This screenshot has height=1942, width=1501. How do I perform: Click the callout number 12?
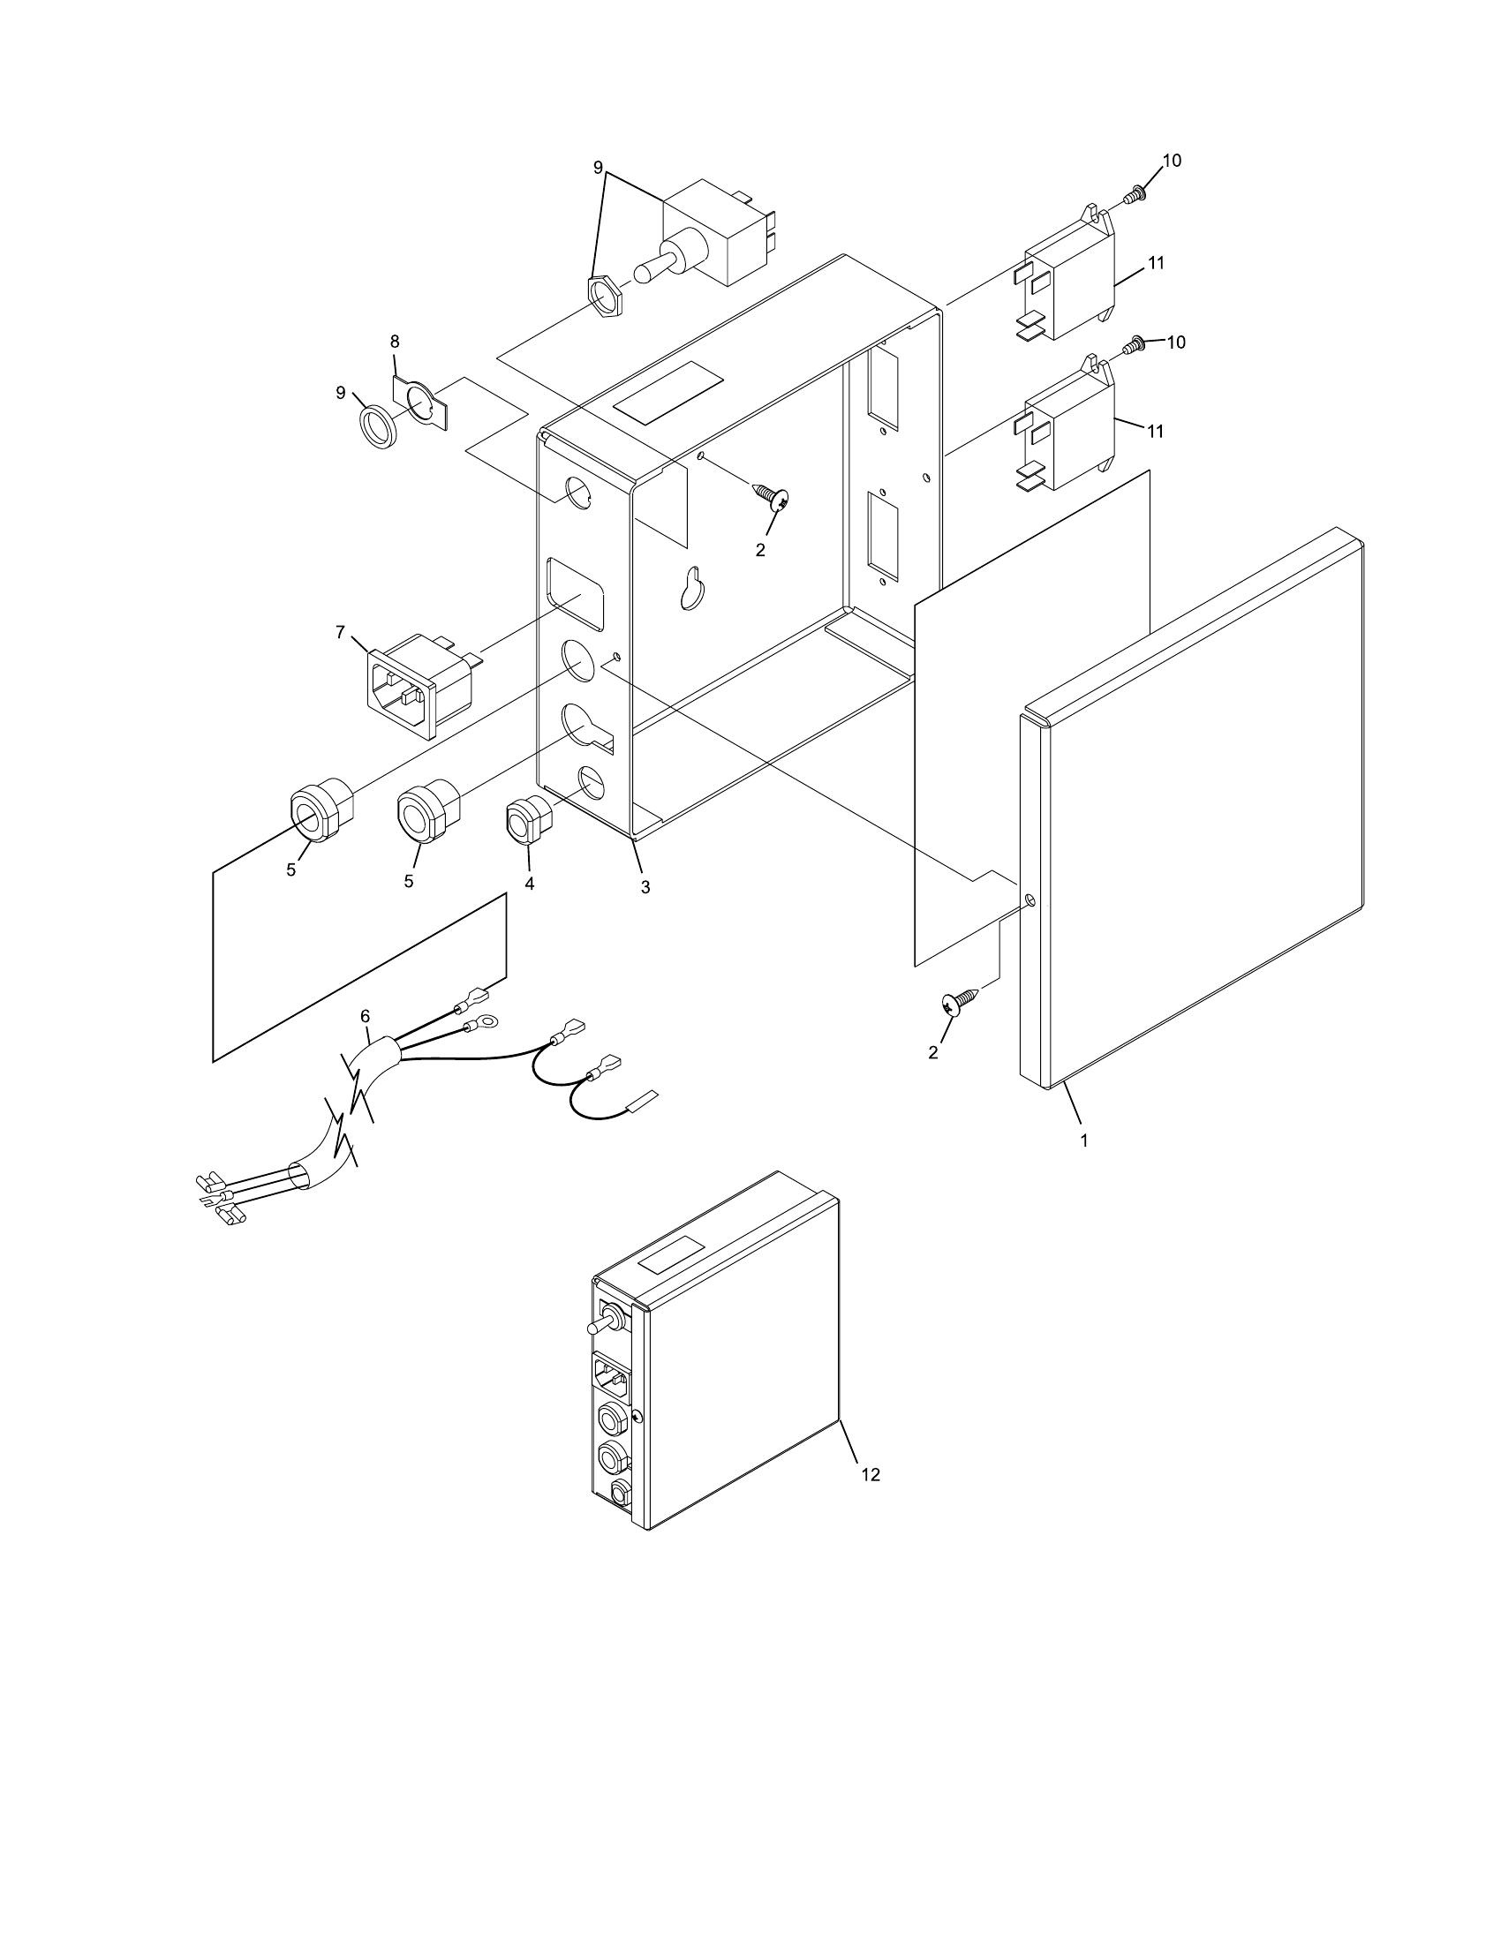[871, 1473]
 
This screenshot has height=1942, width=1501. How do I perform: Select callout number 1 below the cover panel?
[1083, 1140]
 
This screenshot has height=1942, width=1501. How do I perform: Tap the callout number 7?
[340, 631]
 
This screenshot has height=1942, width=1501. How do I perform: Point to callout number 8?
[395, 341]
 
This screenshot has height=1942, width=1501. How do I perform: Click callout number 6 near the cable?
[365, 1015]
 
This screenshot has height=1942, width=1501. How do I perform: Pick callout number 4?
[529, 884]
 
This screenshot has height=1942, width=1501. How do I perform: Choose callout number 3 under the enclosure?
[645, 886]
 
